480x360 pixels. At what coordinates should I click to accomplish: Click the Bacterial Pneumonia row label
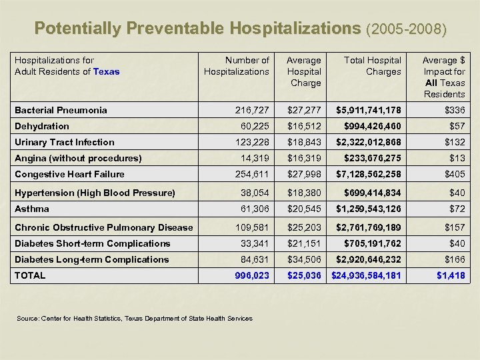(61, 110)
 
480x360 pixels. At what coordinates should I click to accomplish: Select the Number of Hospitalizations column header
(237, 66)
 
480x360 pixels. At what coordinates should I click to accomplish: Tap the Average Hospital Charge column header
(303, 71)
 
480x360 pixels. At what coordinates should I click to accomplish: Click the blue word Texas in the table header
(107, 71)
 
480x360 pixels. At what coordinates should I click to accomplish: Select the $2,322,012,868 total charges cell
(368, 142)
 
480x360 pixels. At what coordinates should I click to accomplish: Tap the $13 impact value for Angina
(457, 158)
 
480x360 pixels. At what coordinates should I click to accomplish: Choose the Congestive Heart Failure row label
(69, 174)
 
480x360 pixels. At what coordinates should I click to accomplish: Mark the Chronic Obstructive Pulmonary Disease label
(103, 227)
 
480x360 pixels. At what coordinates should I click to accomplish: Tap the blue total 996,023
(251, 275)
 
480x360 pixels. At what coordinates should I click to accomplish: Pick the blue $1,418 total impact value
(451, 275)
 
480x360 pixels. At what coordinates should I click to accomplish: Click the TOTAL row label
(30, 275)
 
